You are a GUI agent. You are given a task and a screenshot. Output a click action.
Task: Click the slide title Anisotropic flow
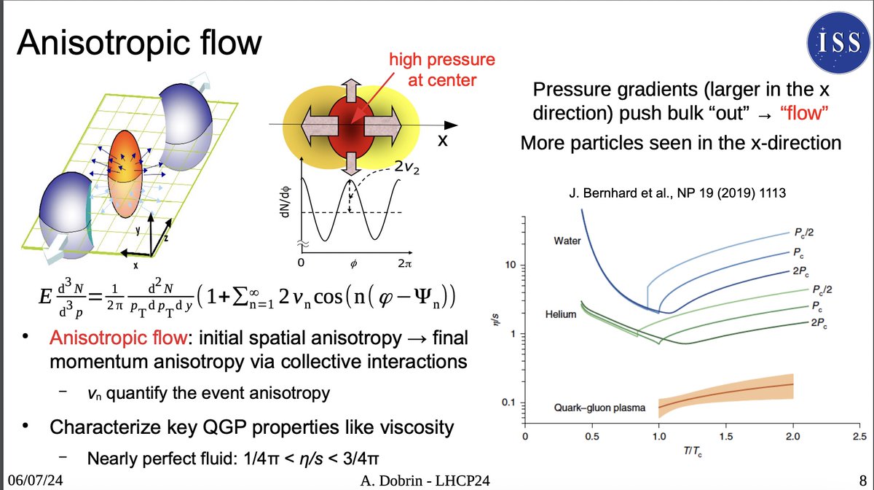pyautogui.click(x=138, y=43)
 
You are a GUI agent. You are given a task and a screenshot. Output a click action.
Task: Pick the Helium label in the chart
pyautogui.click(x=562, y=315)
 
